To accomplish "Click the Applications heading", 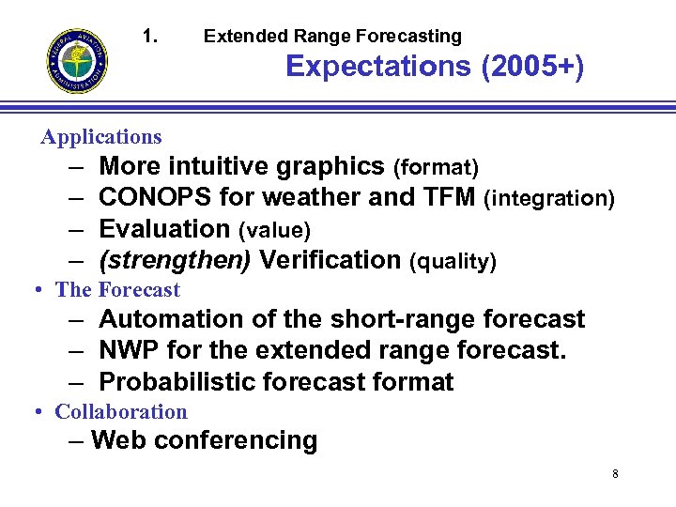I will click(101, 137).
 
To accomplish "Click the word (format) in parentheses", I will click(436, 169).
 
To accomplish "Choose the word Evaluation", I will click(164, 229).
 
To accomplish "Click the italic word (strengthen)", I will click(175, 260).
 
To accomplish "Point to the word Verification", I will click(330, 260).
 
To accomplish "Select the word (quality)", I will click(453, 262).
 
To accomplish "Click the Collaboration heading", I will click(121, 412).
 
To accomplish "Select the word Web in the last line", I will click(116, 440).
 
